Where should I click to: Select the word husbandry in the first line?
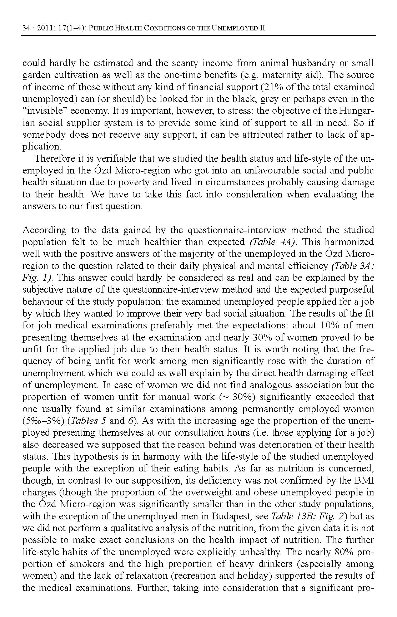click(314, 63)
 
